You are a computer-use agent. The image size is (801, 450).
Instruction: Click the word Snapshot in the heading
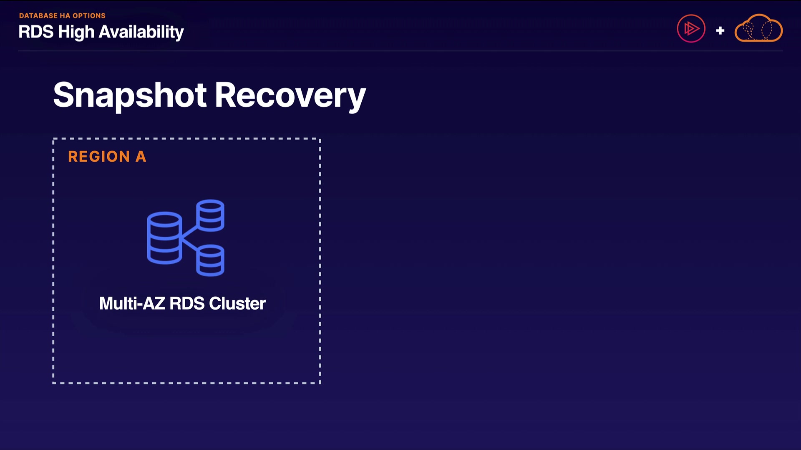(x=130, y=95)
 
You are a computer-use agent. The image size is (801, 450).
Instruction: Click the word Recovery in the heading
(x=290, y=95)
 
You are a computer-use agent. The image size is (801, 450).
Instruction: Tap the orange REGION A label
(x=107, y=157)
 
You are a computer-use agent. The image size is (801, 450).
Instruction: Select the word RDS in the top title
(x=36, y=32)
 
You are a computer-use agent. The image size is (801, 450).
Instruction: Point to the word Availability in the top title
(x=141, y=32)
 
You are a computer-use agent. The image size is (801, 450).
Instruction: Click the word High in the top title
(x=76, y=32)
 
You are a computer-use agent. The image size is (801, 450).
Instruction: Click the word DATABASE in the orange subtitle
(x=38, y=16)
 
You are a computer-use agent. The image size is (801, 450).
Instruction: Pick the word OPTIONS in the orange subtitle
(x=89, y=16)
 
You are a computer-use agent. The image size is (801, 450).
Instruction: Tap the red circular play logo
(x=691, y=29)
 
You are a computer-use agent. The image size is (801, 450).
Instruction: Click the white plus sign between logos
(x=720, y=30)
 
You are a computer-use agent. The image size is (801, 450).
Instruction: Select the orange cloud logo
(x=758, y=28)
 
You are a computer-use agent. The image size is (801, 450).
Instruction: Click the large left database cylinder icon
(x=164, y=238)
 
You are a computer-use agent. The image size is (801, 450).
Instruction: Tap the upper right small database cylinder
(x=210, y=215)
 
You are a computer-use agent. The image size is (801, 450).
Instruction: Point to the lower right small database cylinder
(x=210, y=260)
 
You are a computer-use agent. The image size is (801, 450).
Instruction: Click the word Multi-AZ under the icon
(x=132, y=303)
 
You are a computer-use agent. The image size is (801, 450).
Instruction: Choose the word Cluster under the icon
(x=237, y=303)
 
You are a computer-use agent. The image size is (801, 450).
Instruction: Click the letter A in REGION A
(x=141, y=157)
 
